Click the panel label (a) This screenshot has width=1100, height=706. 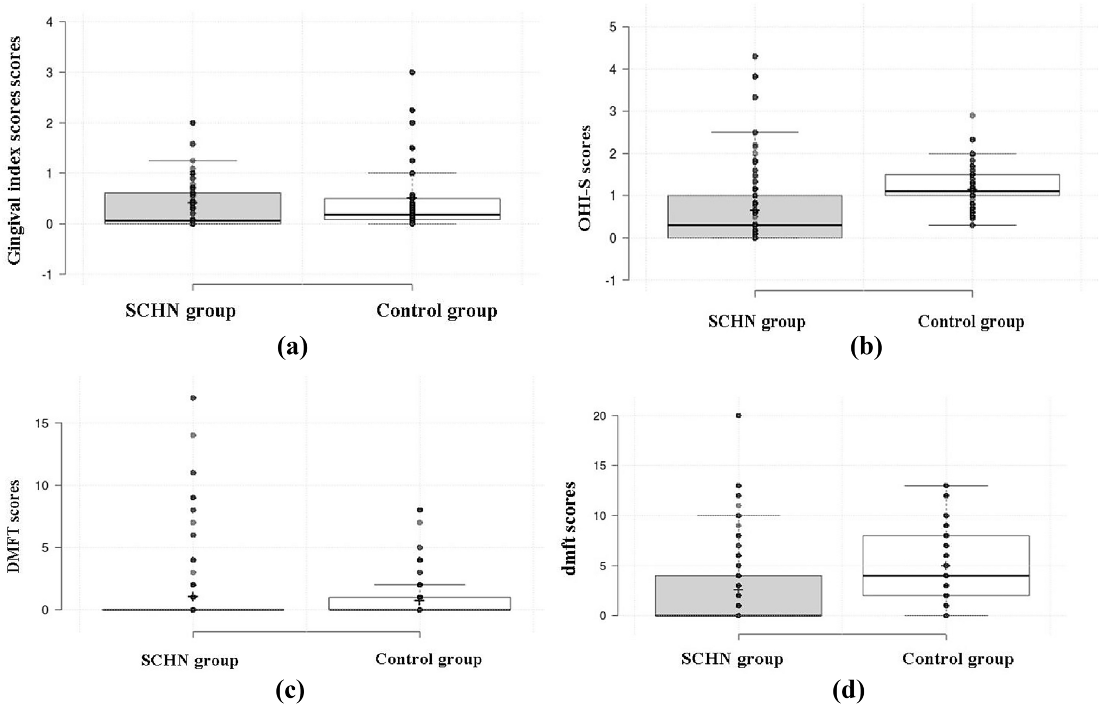coord(292,346)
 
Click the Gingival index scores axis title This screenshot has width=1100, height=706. coord(16,150)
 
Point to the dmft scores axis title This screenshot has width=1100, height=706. coord(570,528)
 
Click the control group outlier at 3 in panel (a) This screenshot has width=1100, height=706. coord(412,72)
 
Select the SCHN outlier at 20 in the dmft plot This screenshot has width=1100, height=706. coord(739,416)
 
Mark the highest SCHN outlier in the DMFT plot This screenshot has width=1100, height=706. coord(193,398)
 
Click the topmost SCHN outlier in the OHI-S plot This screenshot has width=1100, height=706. coord(755,56)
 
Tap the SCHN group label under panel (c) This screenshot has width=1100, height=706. coord(190,660)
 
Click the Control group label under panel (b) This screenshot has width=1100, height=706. coord(970,322)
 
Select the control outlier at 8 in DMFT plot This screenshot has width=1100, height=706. coord(419,510)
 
